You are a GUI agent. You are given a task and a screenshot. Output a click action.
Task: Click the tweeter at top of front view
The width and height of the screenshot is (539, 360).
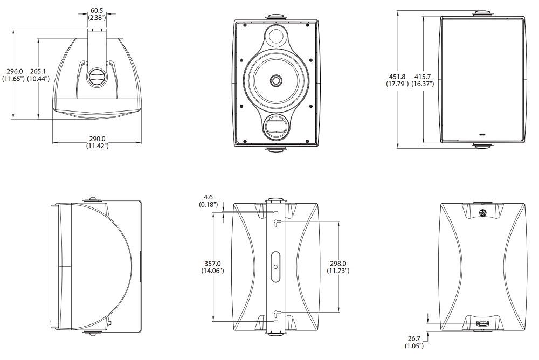coord(276,37)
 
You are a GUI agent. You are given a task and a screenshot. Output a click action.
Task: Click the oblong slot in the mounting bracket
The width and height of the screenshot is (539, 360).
coord(276,266)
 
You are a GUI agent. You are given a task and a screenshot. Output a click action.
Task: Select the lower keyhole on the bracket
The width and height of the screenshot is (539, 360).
coord(276,312)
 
